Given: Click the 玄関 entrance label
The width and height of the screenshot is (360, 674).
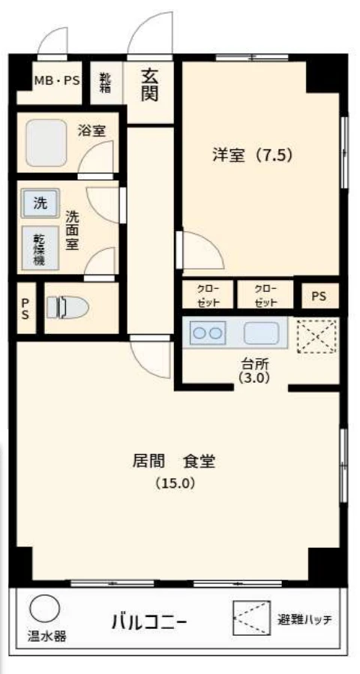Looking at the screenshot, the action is [x=149, y=86].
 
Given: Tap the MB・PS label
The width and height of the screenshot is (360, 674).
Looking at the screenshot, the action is [x=57, y=81].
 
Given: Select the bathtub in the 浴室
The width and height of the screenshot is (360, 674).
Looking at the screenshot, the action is [x=46, y=143].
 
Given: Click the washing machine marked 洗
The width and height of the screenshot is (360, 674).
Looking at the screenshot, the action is [x=40, y=203].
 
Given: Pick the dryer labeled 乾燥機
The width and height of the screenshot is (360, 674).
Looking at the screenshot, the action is [x=40, y=248].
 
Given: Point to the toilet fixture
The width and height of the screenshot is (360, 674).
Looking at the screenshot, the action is [x=67, y=308].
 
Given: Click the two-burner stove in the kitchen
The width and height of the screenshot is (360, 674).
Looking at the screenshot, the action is [x=208, y=332].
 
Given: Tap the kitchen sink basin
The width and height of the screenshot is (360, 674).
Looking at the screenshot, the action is [x=261, y=333].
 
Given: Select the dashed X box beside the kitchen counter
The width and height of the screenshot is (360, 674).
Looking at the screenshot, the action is [x=317, y=336].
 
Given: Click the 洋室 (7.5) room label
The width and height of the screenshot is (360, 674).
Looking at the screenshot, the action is [x=253, y=155].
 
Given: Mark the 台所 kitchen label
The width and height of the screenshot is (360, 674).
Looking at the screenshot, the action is [x=255, y=365].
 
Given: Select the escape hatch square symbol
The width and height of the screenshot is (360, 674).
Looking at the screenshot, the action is [x=252, y=618].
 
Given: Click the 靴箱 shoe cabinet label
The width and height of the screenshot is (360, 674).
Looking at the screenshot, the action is [x=105, y=83].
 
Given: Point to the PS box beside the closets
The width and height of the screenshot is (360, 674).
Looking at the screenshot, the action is [x=319, y=296].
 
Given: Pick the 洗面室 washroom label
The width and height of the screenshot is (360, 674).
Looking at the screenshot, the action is [x=72, y=230].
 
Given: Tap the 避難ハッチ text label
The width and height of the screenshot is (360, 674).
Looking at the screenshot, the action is [x=304, y=620].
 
